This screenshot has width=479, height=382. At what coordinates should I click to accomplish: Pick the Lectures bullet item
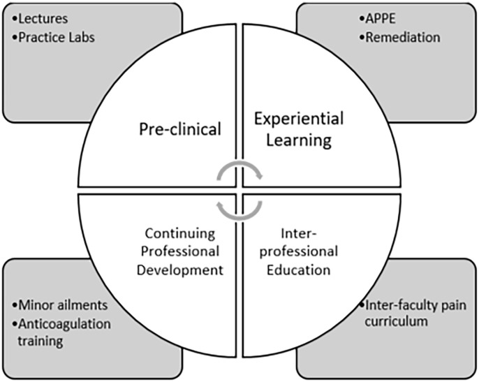click(40, 19)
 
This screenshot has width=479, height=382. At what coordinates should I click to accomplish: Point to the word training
click(45, 341)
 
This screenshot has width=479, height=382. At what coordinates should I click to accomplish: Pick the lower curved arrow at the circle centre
click(239, 204)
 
